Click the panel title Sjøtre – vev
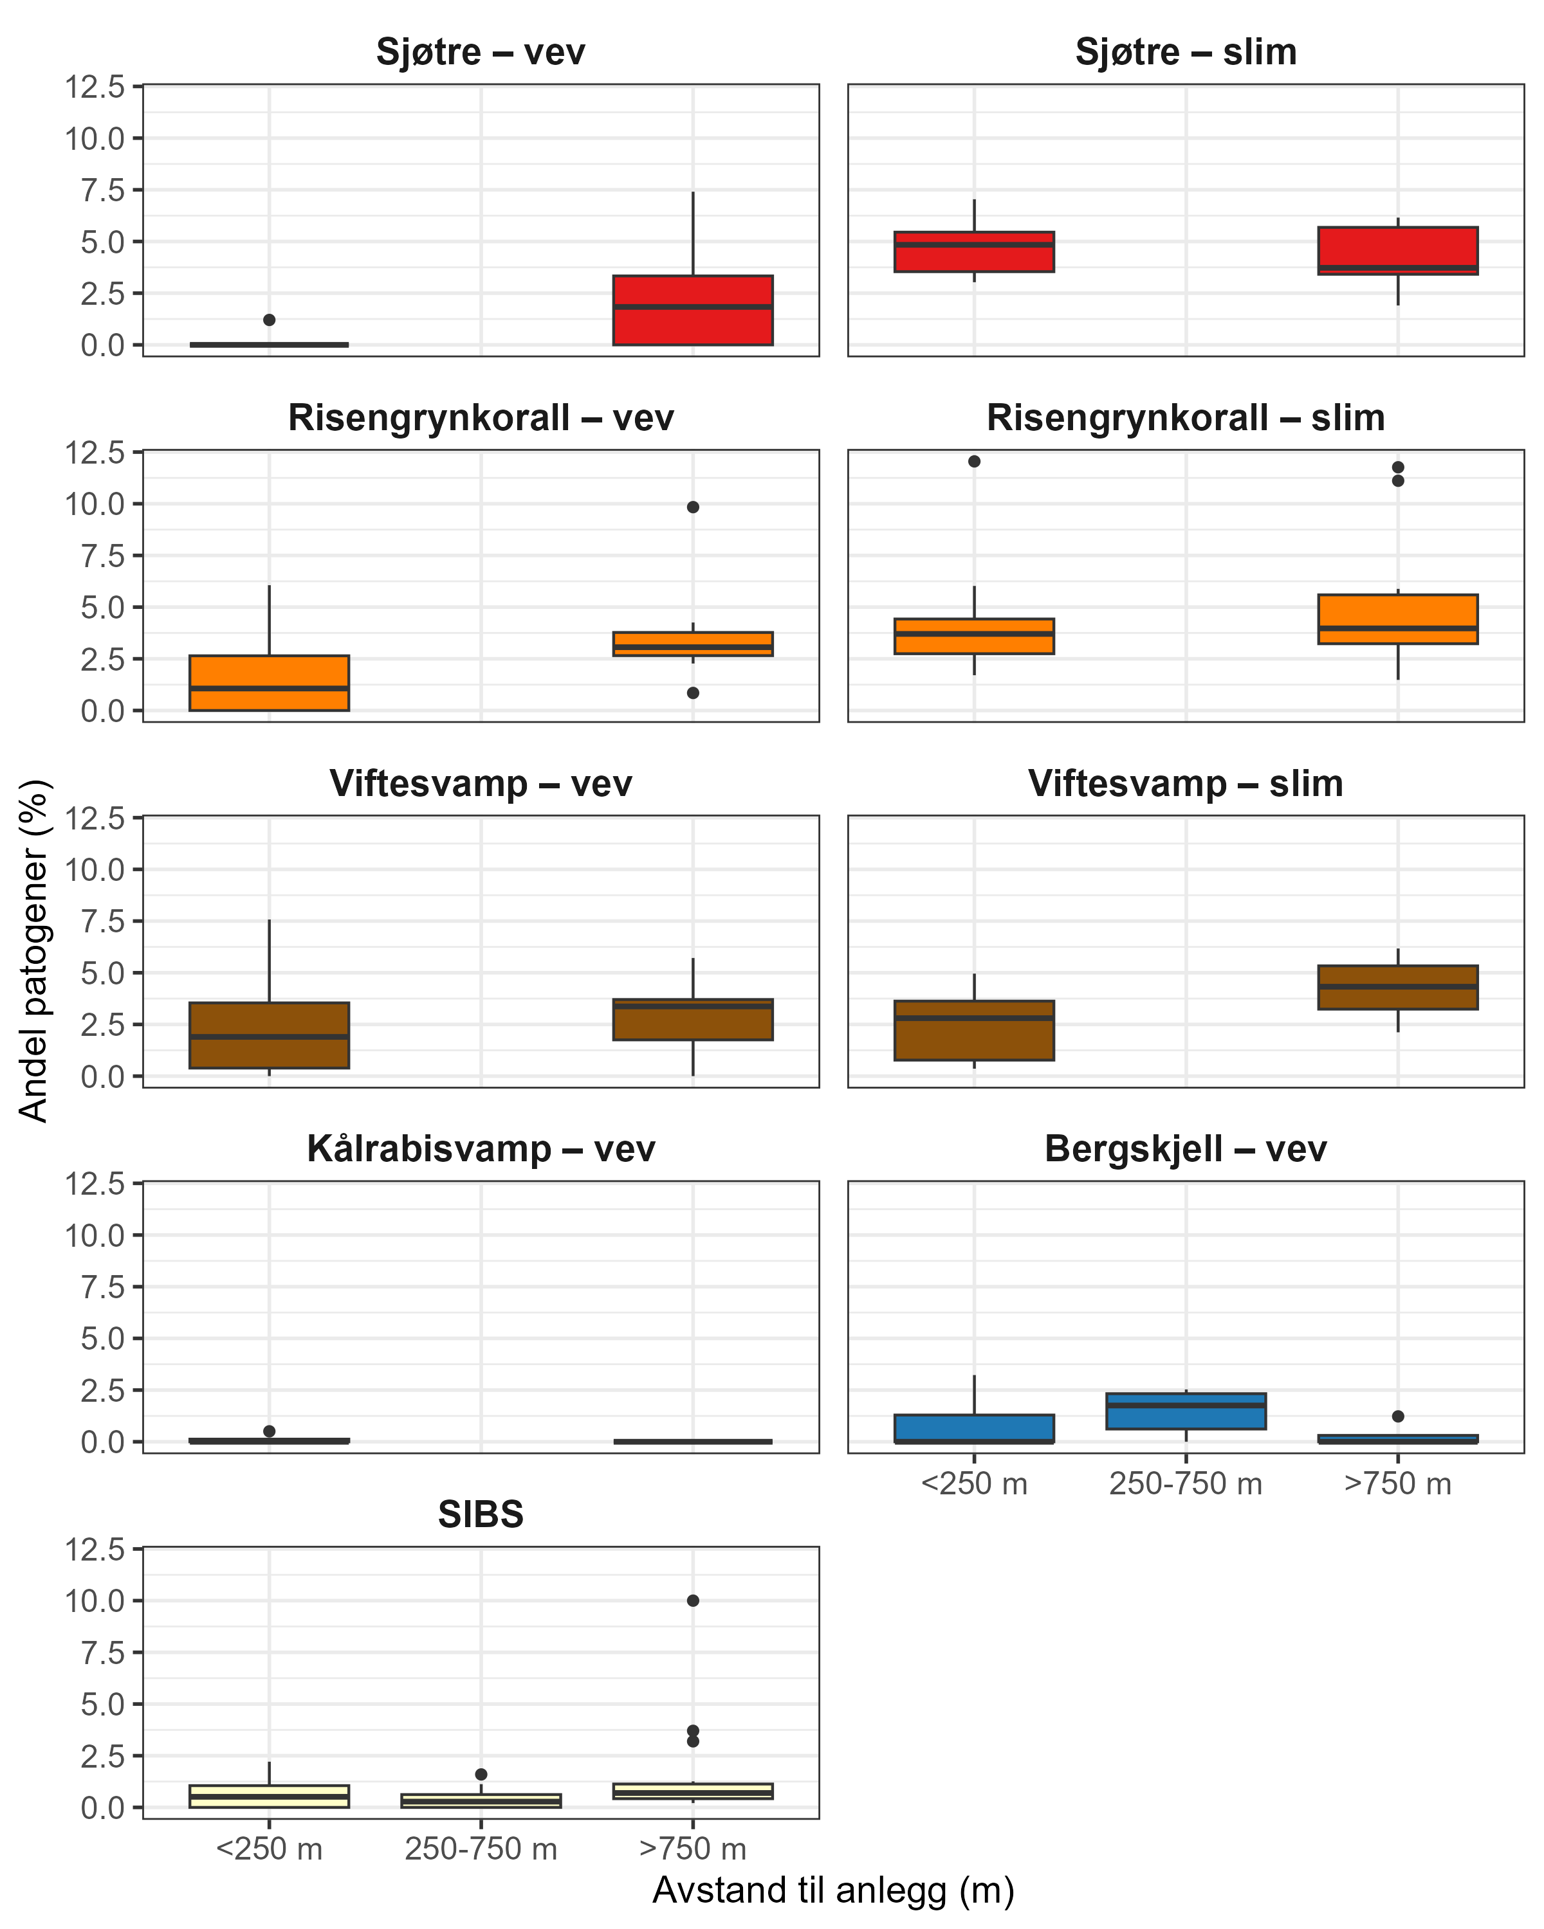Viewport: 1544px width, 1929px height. [481, 52]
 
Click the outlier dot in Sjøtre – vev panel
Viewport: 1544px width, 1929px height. [270, 320]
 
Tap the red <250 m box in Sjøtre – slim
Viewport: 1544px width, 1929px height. [974, 251]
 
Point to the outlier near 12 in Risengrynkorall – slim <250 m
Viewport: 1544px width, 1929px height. [974, 462]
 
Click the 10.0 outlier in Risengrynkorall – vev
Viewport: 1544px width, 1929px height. [693, 507]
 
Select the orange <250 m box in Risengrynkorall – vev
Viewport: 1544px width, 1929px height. [270, 683]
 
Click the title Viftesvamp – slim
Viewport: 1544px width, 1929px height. [1185, 784]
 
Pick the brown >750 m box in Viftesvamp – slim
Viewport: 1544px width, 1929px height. [1397, 988]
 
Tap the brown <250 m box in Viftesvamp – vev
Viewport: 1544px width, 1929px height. [270, 1035]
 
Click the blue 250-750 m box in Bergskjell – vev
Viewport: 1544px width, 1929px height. [1185, 1411]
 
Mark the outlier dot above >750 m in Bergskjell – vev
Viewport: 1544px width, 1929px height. [1397, 1417]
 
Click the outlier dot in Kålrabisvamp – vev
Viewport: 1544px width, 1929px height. [270, 1431]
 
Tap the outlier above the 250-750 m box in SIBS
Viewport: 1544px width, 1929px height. [481, 1774]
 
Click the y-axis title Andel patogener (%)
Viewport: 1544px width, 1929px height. [34, 950]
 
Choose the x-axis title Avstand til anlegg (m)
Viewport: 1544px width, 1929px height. [832, 1890]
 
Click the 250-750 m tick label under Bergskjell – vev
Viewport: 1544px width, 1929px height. [1185, 1484]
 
